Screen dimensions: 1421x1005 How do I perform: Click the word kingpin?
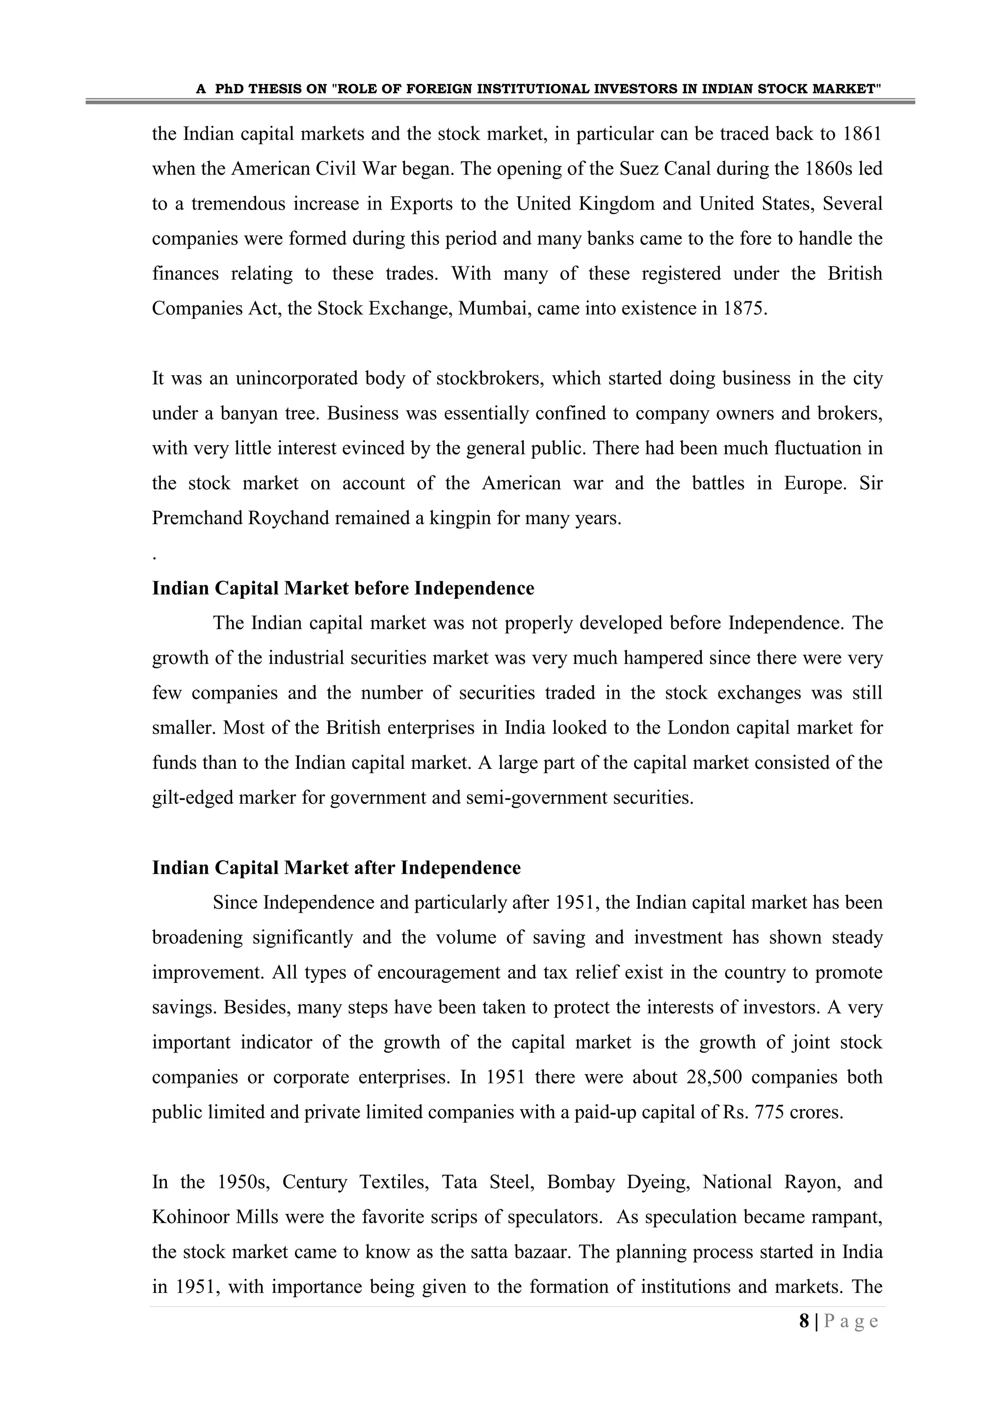tap(458, 518)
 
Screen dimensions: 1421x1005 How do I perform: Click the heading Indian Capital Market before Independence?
tap(343, 588)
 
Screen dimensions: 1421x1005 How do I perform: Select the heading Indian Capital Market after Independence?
tap(336, 868)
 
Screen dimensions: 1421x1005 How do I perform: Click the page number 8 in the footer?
tap(804, 1321)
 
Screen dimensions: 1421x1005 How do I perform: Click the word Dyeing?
tap(658, 1182)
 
